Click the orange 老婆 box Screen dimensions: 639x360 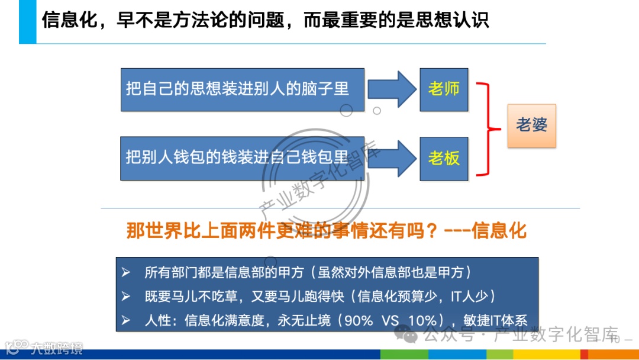click(x=531, y=125)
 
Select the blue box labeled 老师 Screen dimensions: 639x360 click(x=444, y=89)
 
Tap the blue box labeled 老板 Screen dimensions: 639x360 click(x=444, y=158)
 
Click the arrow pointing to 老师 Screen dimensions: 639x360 click(x=392, y=89)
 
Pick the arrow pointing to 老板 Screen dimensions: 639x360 click(x=392, y=158)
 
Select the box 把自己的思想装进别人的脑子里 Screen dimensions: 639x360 click(x=238, y=89)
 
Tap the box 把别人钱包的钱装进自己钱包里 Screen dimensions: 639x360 click(x=238, y=158)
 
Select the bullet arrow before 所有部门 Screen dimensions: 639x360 click(x=125, y=272)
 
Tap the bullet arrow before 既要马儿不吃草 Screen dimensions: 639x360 click(x=125, y=296)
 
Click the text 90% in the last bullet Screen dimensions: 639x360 click(x=359, y=320)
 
